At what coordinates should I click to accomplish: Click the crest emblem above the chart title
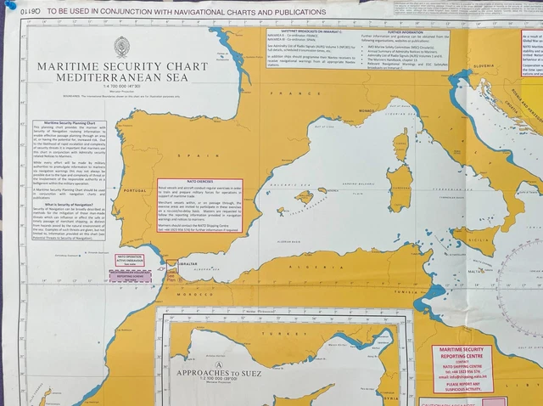(121, 48)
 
